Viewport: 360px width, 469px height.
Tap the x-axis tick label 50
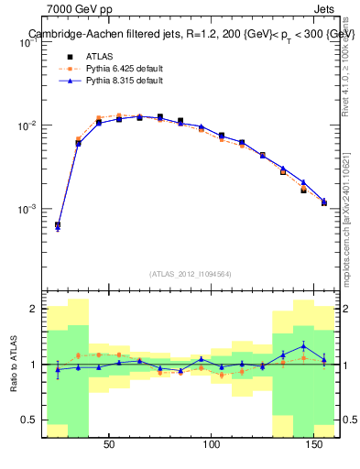tap(109, 445)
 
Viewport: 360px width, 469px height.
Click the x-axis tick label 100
tap(213, 445)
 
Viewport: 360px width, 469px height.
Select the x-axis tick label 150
tap(315, 445)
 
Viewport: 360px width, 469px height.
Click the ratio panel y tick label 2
tap(32, 309)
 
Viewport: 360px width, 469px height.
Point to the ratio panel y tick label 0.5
tap(28, 420)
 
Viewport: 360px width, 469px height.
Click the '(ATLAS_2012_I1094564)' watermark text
tap(191, 273)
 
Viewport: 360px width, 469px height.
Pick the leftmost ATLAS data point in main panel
tap(58, 224)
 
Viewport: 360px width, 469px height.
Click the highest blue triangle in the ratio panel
tap(303, 346)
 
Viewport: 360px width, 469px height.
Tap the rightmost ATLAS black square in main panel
tap(324, 202)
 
